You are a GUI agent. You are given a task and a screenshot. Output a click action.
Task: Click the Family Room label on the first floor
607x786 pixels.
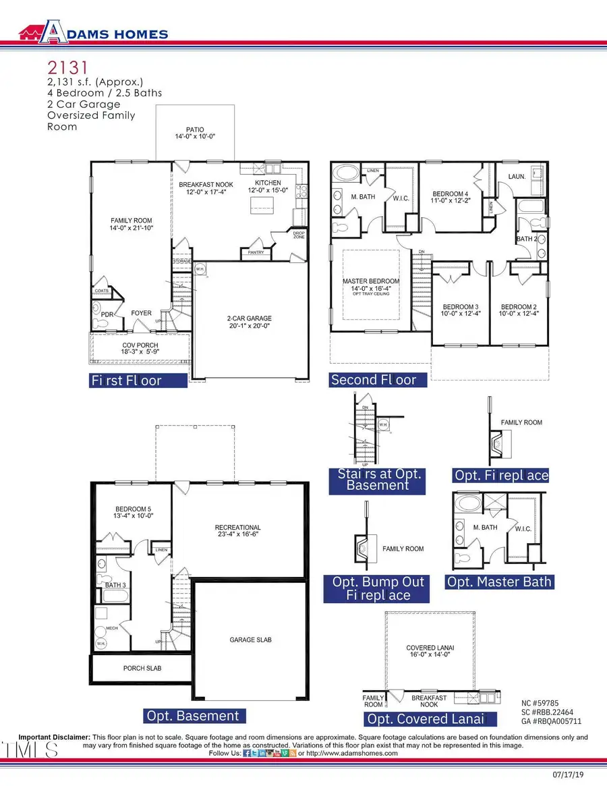[x=132, y=224]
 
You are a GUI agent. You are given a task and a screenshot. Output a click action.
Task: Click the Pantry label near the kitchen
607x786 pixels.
[x=256, y=252]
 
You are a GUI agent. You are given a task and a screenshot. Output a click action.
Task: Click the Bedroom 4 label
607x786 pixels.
[x=449, y=197]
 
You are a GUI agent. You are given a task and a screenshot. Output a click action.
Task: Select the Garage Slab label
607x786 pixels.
[x=250, y=639]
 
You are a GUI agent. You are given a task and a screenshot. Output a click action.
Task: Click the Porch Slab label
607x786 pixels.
[x=142, y=668]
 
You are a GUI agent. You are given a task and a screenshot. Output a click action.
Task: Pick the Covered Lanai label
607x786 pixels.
[x=430, y=652]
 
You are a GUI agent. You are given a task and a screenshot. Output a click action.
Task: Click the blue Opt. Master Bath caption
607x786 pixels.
[x=500, y=582]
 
